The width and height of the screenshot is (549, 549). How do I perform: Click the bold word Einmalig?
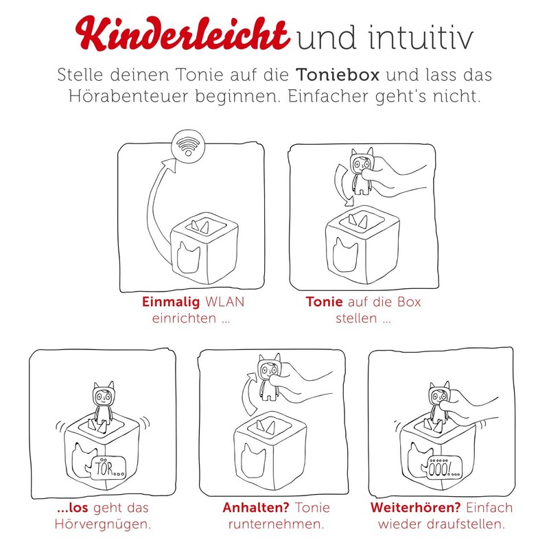[x=169, y=303]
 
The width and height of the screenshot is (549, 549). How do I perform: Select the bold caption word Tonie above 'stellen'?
[x=323, y=303]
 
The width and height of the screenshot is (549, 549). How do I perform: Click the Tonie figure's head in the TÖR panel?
[x=103, y=397]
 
